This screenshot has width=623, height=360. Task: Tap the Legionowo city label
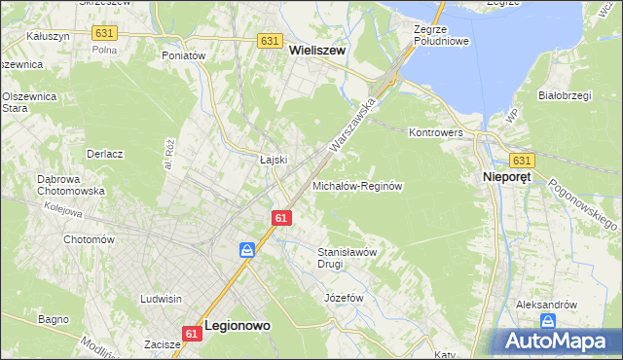click(x=238, y=328)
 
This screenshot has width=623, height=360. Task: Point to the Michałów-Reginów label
click(x=357, y=185)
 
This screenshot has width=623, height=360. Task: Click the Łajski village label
click(x=272, y=160)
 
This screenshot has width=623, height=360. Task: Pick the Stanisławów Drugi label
click(x=348, y=257)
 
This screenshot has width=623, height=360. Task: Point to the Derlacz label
click(x=104, y=154)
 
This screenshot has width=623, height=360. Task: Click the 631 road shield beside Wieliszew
click(x=271, y=41)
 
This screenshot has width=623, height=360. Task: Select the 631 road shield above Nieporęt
click(x=522, y=160)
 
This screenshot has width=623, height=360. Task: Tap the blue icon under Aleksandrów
click(x=548, y=321)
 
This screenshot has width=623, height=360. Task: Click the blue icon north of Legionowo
click(x=248, y=251)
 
